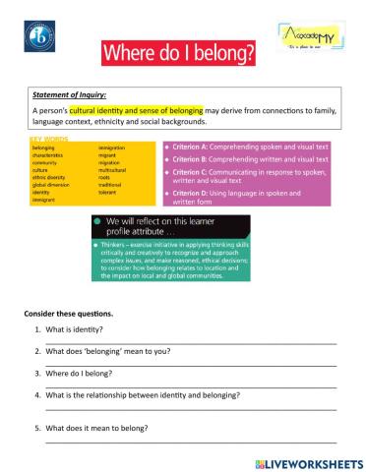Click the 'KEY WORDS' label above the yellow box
50,142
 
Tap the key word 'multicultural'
113,169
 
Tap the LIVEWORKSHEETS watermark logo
307,461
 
